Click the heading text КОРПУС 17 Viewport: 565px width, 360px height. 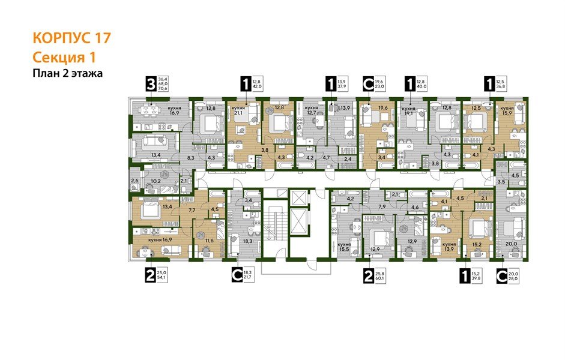tap(71, 38)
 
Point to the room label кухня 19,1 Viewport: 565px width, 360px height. tap(409, 112)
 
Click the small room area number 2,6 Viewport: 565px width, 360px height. tap(134, 179)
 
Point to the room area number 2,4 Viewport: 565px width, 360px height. tap(348, 159)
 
